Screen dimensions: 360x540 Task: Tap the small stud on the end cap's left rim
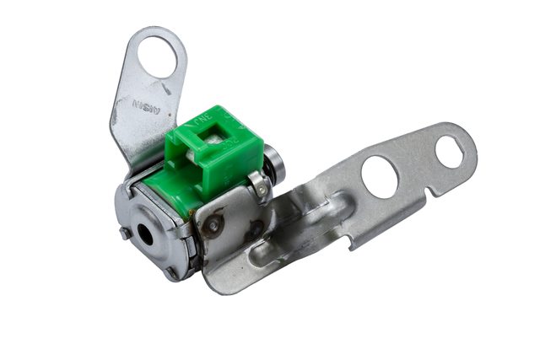click(x=125, y=233)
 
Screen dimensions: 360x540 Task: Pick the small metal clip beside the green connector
click(x=259, y=186)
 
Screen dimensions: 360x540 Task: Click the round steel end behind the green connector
click(x=274, y=162)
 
